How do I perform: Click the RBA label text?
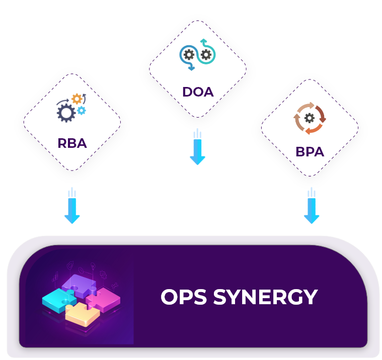pyautogui.click(x=72, y=143)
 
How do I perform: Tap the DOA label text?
pyautogui.click(x=198, y=92)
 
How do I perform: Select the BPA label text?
pyautogui.click(x=310, y=151)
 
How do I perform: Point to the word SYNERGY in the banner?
pyautogui.click(x=265, y=297)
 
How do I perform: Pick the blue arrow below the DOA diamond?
pyautogui.click(x=198, y=148)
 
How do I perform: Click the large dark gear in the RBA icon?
pyautogui.click(x=66, y=112)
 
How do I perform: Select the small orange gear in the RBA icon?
pyautogui.click(x=77, y=99)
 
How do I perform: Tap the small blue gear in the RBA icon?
pyautogui.click(x=81, y=110)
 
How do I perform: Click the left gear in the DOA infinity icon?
pyautogui.click(x=189, y=54)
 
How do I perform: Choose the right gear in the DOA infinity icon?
pyautogui.click(x=205, y=54)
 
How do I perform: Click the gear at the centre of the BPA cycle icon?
pyautogui.click(x=310, y=118)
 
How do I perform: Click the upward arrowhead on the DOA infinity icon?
pyautogui.click(x=203, y=40)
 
